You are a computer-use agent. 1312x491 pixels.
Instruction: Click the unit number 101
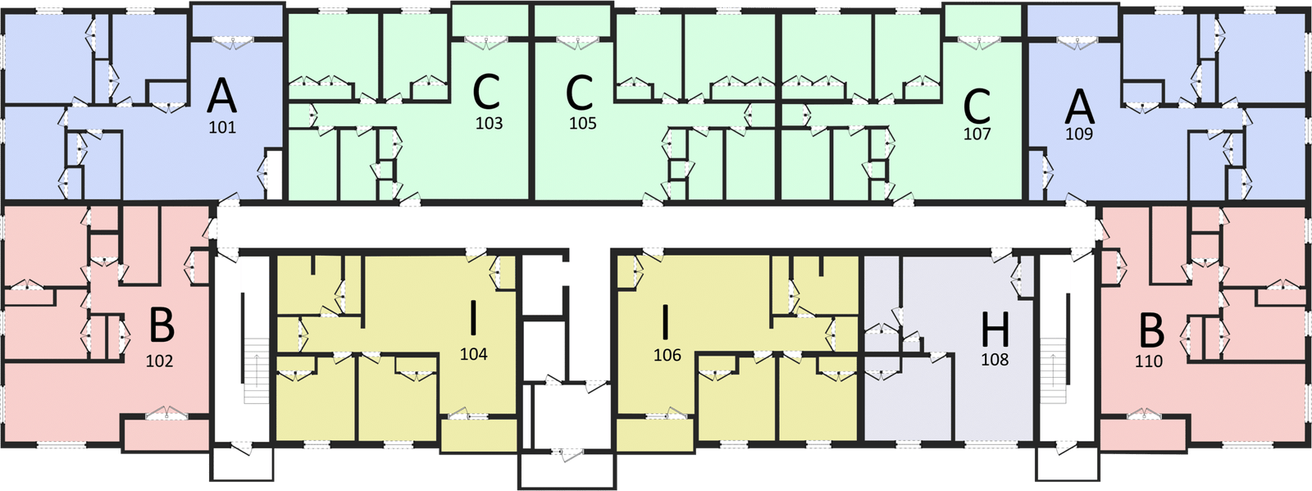(222, 127)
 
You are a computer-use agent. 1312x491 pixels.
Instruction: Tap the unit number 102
(159, 361)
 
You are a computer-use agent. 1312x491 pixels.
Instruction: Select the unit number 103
(489, 124)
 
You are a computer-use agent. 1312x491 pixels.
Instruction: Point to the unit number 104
(474, 354)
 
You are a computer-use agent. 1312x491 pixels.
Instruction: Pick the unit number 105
(583, 124)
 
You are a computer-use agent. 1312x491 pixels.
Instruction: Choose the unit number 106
(667, 356)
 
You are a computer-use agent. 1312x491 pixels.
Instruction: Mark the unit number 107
(977, 134)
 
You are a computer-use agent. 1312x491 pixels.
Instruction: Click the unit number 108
(995, 359)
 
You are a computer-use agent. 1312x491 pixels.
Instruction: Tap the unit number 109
(1079, 134)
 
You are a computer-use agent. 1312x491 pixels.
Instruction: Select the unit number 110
(1149, 361)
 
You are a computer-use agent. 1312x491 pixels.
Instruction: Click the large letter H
(995, 330)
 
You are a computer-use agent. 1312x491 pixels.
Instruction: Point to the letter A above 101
(221, 97)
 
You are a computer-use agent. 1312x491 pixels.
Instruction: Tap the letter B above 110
(1151, 332)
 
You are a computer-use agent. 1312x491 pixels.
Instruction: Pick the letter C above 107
(977, 105)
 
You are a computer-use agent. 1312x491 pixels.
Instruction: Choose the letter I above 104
(473, 320)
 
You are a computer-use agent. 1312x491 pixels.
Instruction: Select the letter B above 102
(162, 326)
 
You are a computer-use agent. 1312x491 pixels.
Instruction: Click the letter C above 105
(579, 93)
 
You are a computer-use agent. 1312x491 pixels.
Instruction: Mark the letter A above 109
(1080, 106)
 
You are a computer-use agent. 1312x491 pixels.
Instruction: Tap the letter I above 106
(665, 322)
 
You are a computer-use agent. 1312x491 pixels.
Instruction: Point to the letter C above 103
(486, 93)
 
